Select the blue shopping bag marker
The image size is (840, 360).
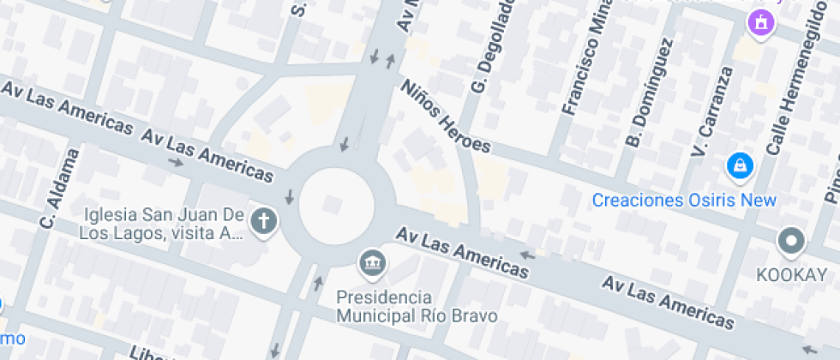point(739,166)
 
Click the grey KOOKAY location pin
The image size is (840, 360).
point(791,242)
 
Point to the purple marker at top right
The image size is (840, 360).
point(759,23)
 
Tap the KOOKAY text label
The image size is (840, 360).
point(792,275)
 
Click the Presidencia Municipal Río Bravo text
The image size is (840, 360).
point(416,307)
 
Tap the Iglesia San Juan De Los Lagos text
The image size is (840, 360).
point(163,224)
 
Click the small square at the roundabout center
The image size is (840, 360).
point(333,203)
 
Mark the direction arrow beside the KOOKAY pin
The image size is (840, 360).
point(810,349)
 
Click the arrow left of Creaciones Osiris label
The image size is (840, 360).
point(528,255)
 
